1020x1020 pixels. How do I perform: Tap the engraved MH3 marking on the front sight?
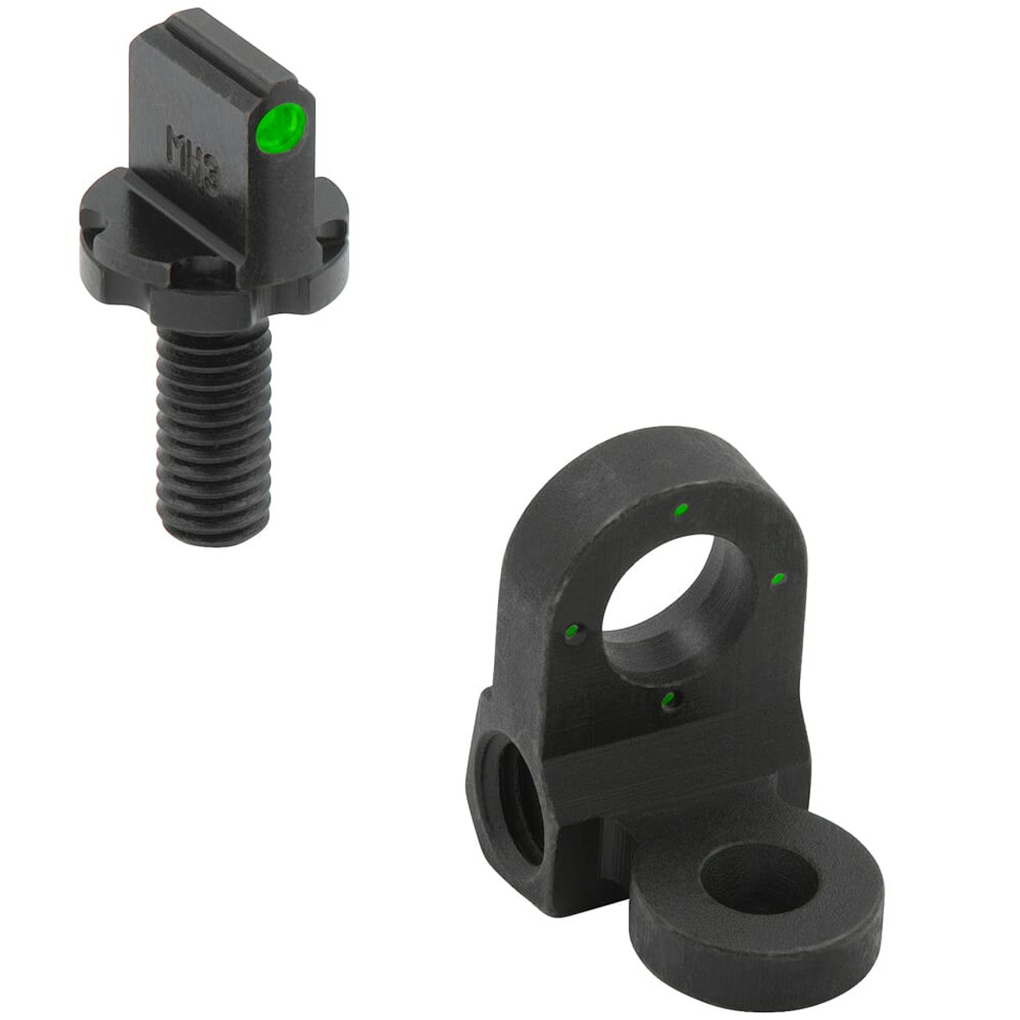click(x=192, y=159)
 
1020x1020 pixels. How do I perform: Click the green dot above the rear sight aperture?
click(x=681, y=510)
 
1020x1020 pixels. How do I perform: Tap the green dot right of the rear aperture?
click(x=779, y=579)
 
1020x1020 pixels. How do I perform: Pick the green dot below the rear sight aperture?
click(x=669, y=700)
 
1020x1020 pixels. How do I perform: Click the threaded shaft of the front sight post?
click(x=211, y=422)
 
